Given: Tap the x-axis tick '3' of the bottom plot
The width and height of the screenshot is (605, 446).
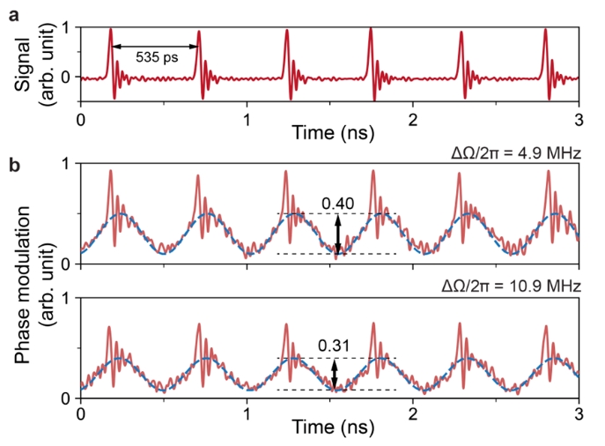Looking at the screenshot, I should pos(579,411).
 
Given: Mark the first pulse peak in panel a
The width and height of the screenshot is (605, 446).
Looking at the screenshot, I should pos(110,30).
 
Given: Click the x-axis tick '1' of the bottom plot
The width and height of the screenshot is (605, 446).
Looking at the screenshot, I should pos(247,411).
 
